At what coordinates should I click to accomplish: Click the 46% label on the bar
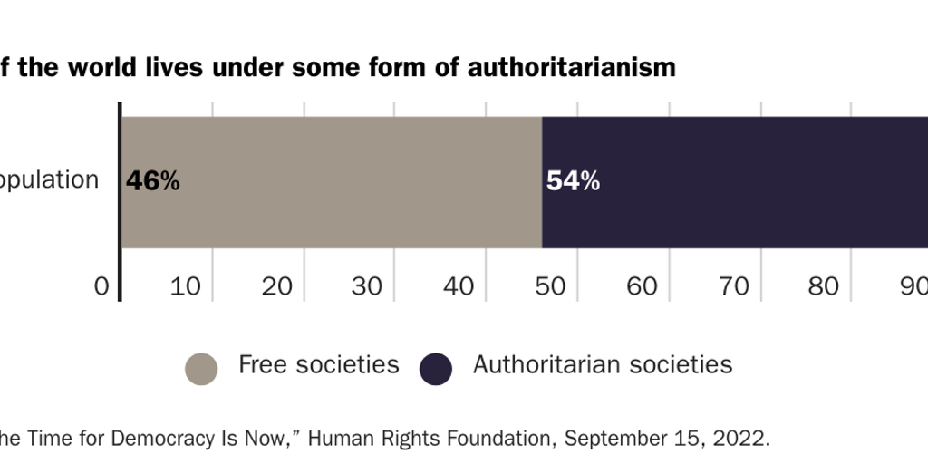click(x=152, y=181)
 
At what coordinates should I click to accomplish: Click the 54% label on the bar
click(x=573, y=181)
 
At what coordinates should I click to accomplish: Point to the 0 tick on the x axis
click(x=101, y=286)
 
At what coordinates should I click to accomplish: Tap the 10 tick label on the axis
click(x=186, y=286)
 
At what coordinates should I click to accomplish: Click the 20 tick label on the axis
click(x=277, y=286)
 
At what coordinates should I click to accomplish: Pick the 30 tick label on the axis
click(x=368, y=286)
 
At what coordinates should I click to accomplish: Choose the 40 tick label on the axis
click(x=459, y=286)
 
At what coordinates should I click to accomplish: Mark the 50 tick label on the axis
click(x=551, y=286)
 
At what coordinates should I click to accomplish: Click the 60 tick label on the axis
click(x=643, y=286)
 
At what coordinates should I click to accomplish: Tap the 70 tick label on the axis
click(x=734, y=286)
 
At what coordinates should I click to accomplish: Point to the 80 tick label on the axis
click(x=824, y=286)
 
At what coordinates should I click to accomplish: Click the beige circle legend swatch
click(x=201, y=369)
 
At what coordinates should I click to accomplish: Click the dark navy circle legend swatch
click(x=436, y=369)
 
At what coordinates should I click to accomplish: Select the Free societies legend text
click(x=318, y=365)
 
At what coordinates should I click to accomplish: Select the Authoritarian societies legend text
click(x=602, y=365)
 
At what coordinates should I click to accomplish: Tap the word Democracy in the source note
click(x=159, y=439)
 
